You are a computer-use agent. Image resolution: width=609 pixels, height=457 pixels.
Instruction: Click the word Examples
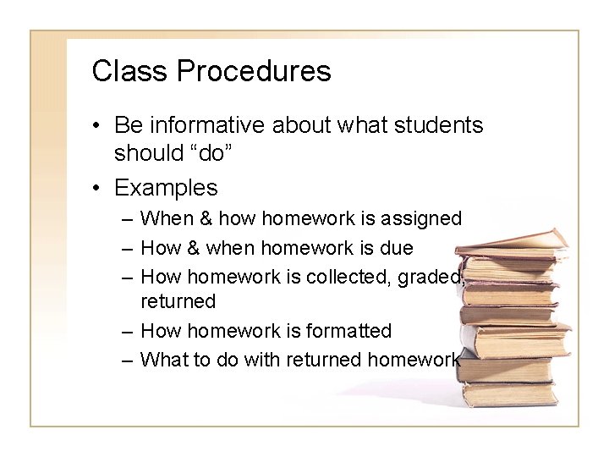pos(166,187)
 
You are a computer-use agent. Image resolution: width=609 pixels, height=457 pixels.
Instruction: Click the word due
pos(396,248)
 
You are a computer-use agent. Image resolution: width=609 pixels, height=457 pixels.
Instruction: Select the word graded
pos(436,276)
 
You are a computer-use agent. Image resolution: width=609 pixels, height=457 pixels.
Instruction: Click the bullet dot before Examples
pos(98,188)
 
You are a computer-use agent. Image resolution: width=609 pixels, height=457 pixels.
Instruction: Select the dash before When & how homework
pos(126,220)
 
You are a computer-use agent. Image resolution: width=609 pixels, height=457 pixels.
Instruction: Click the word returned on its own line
pos(178,301)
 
